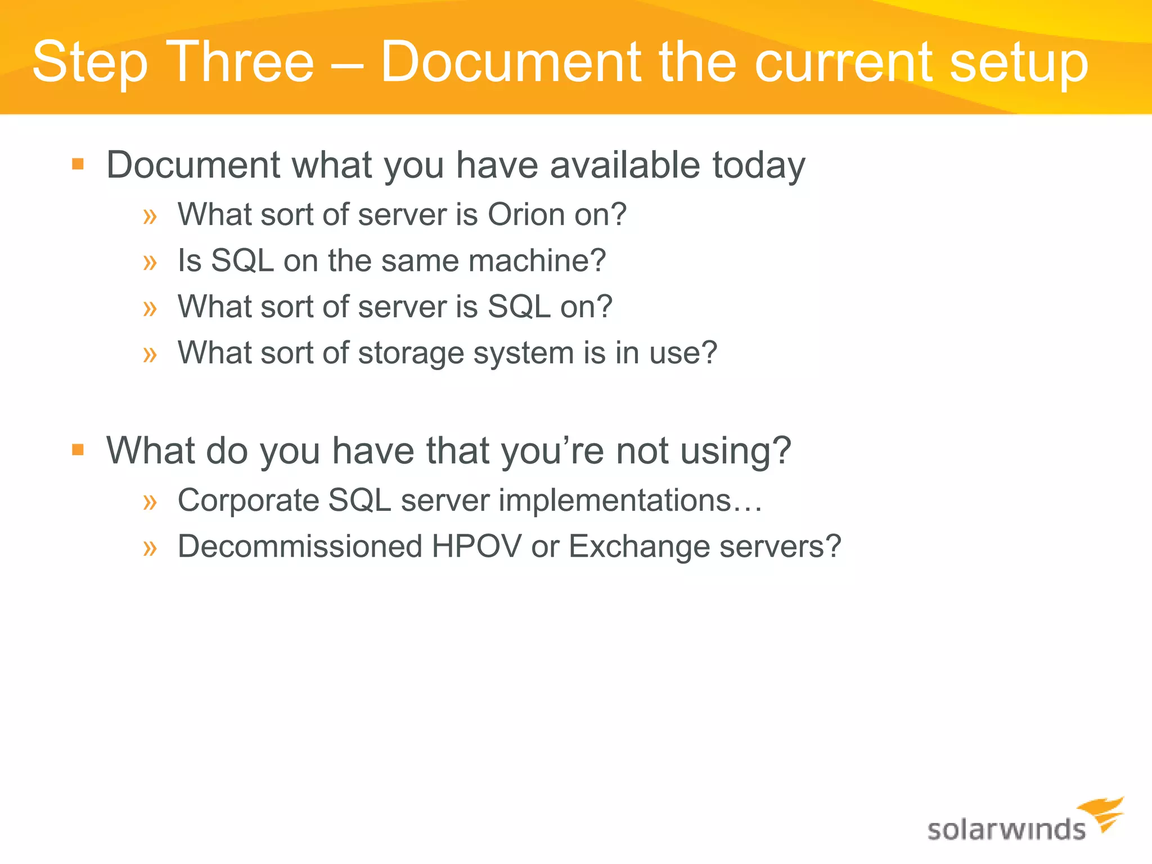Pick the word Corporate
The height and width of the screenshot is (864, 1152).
(248, 501)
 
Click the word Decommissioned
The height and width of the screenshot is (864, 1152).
(300, 546)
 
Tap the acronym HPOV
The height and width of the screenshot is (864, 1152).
(476, 546)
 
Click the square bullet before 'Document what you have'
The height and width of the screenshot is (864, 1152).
(78, 164)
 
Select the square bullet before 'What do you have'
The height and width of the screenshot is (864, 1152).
(78, 450)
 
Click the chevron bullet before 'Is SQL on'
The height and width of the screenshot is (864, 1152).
(150, 262)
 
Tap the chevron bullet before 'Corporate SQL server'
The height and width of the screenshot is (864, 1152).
(150, 501)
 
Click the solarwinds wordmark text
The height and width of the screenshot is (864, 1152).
(1006, 830)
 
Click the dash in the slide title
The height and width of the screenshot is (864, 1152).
(347, 63)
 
